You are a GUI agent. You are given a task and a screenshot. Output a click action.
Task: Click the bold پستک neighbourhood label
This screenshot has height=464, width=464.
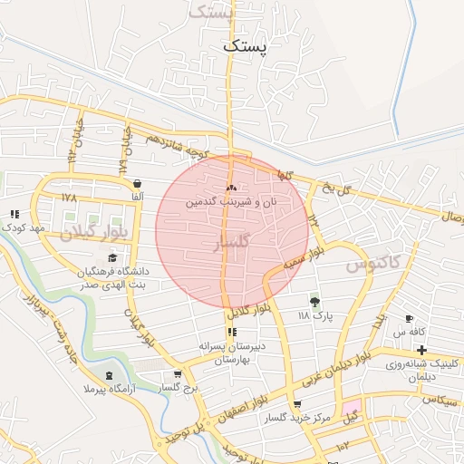point(246,45)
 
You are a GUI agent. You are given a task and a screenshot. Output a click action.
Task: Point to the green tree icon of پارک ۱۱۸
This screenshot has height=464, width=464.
point(315,301)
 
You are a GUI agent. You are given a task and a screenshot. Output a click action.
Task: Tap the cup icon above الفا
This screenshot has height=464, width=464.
point(137,181)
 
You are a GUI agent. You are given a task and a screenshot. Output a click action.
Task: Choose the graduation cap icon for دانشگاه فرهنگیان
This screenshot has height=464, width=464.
point(112,258)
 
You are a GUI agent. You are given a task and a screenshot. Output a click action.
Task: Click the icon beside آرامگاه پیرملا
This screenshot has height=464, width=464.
point(111,375)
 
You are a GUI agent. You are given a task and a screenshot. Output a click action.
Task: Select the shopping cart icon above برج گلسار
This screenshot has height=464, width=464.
point(178,374)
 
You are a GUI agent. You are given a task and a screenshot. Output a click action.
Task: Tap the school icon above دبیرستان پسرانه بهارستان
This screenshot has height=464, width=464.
point(231,332)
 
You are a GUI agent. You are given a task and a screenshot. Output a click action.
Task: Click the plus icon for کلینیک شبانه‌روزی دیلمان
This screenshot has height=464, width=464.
point(421,350)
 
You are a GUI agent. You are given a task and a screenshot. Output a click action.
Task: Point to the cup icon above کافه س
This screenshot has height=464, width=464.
point(409,318)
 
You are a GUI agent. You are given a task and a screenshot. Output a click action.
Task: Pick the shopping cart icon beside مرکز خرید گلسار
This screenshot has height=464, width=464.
point(297,405)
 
